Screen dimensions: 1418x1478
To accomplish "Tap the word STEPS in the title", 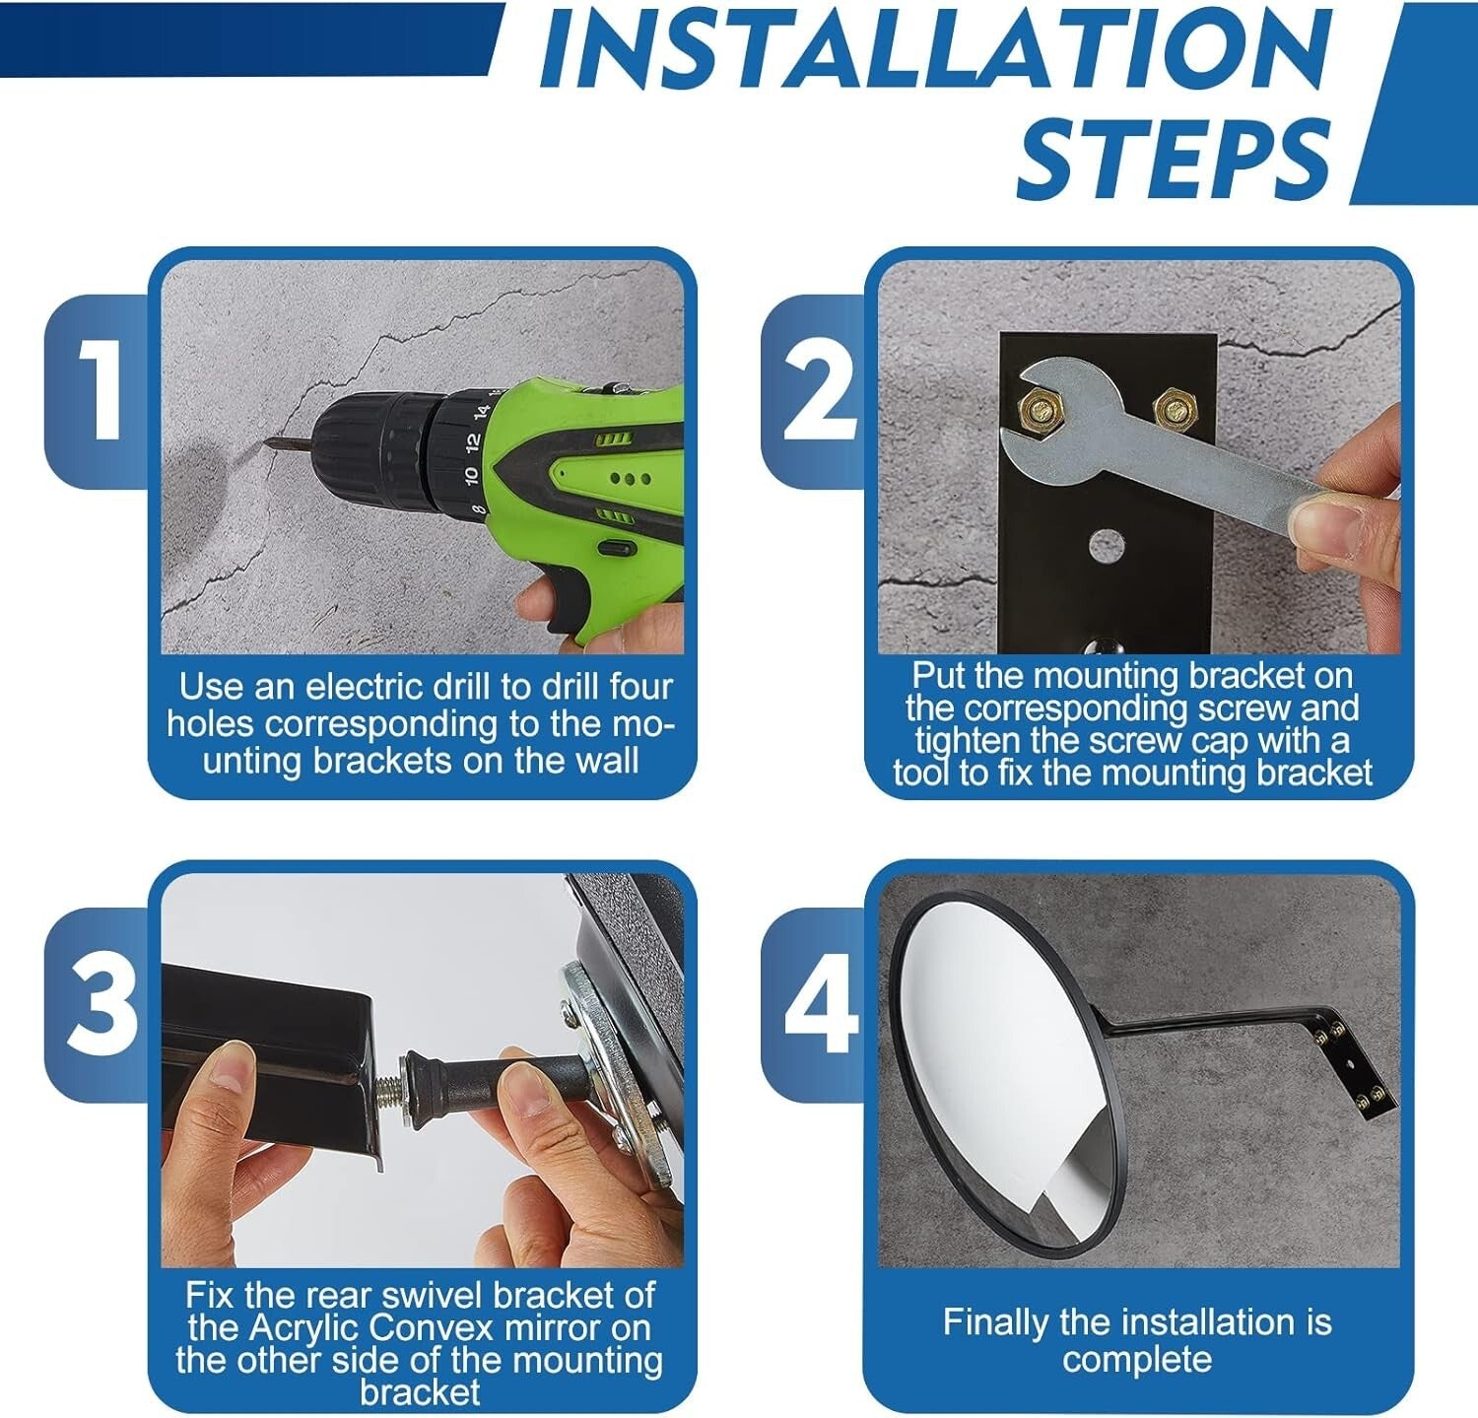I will pos(1173,158).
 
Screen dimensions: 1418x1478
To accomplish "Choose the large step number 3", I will pos(101,1005).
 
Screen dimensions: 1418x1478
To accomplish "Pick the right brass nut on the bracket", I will pos(1172,405).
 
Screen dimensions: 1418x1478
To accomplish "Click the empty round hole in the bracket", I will pos(1107,543).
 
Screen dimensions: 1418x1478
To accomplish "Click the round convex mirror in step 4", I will pos(995,1069).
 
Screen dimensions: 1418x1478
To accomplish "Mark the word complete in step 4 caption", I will pos(1137,1359).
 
